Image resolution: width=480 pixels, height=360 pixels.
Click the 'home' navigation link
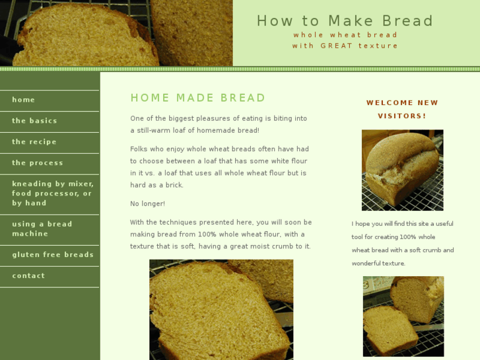pyautogui.click(x=23, y=100)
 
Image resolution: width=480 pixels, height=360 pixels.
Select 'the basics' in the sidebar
pyautogui.click(x=34, y=121)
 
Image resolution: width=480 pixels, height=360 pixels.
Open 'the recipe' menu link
pyautogui.click(x=34, y=142)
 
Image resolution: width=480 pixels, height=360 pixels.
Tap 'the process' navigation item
pyautogui.click(x=38, y=163)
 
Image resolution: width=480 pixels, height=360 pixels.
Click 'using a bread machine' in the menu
pyautogui.click(x=42, y=229)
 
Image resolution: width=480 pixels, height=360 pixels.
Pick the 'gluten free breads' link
pyautogui.click(x=53, y=254)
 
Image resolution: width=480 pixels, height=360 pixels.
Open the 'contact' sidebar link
pyautogui.click(x=28, y=275)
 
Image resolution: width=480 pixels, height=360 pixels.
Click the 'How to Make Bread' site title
pyautogui.click(x=345, y=21)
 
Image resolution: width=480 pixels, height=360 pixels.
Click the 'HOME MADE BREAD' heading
pyautogui.click(x=198, y=98)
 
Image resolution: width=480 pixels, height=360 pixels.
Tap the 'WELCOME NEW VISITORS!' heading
pyautogui.click(x=402, y=110)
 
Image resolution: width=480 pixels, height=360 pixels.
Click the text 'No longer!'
pyautogui.click(x=147, y=203)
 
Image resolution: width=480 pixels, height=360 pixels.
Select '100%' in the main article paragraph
pyautogui.click(x=206, y=234)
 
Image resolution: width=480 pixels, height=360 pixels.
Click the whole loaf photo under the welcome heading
pyautogui.click(x=403, y=170)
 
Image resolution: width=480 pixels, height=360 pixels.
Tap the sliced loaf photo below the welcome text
pyautogui.click(x=403, y=316)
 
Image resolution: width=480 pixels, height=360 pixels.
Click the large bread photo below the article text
pyautogui.click(x=221, y=309)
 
